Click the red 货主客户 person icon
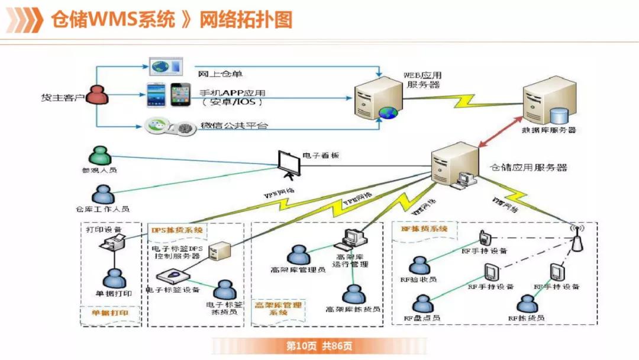(98, 94)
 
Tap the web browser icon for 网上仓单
(166, 66)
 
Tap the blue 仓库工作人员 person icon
(102, 195)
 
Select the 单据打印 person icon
(114, 278)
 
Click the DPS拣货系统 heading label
(177, 230)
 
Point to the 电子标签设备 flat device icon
(173, 276)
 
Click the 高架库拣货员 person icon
(353, 294)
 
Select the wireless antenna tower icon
(573, 238)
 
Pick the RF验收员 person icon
(419, 266)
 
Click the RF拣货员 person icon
(526, 303)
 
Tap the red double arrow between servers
(501, 133)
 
